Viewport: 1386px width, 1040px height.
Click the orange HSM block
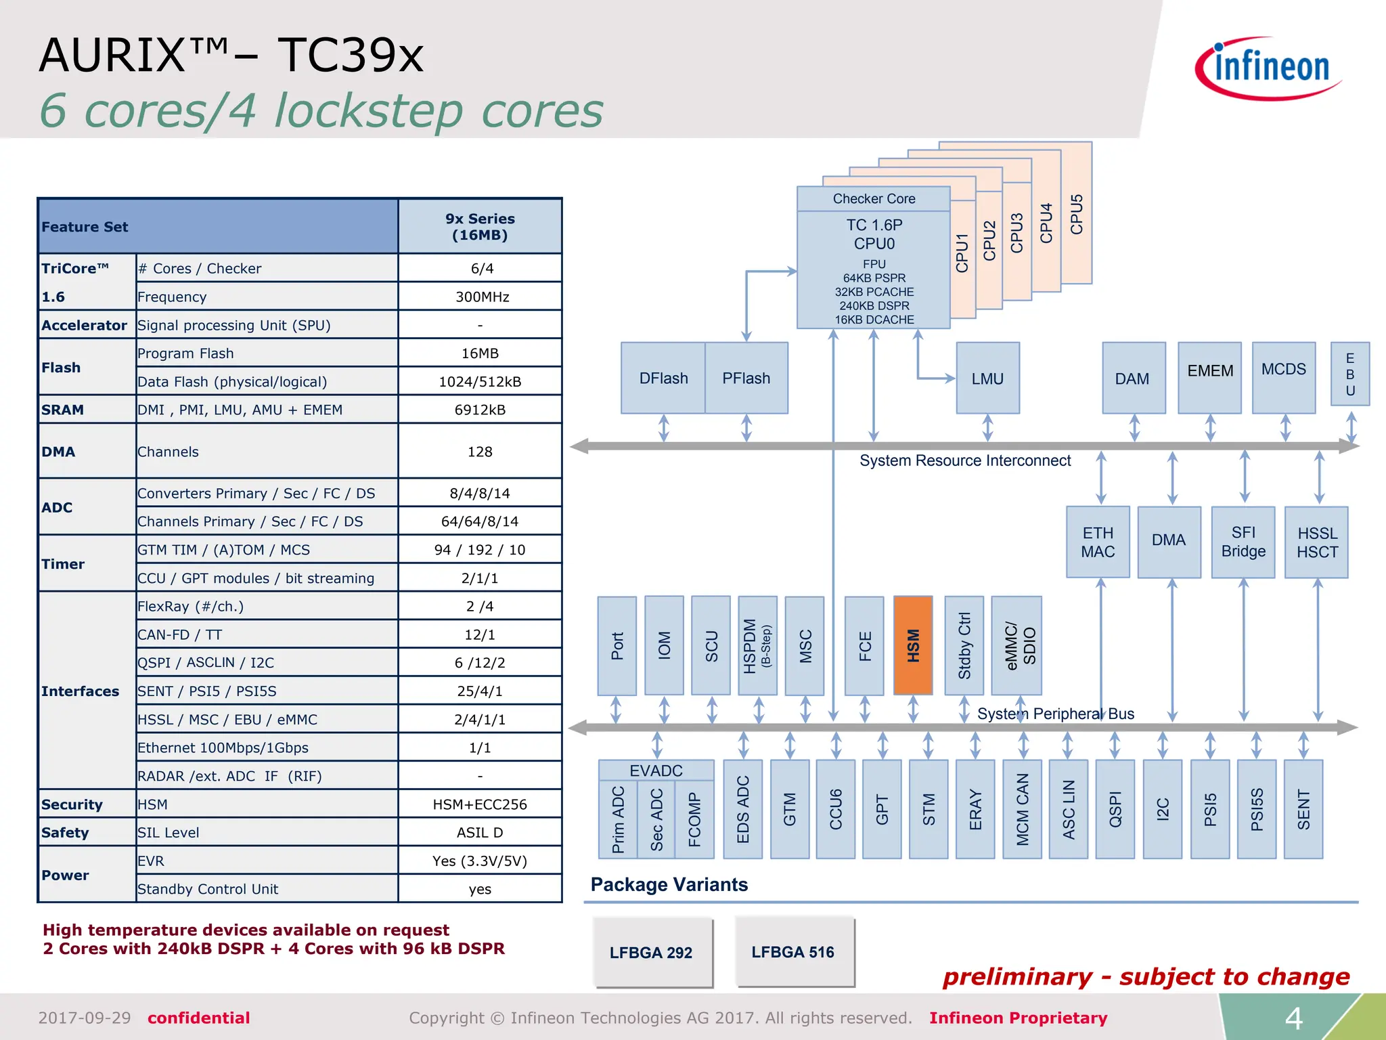click(913, 645)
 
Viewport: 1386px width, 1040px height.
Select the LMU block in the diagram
click(987, 378)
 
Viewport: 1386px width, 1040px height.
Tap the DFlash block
click(663, 378)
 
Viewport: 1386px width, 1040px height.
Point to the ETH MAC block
click(1098, 542)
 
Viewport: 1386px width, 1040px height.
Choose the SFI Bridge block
click(1243, 542)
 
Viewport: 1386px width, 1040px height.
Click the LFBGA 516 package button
click(793, 952)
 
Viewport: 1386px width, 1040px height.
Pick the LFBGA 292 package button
click(651, 953)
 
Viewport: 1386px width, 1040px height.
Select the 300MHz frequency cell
click(480, 297)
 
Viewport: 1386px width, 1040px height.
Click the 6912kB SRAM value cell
click(480, 410)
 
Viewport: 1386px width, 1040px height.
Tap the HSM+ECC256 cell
click(480, 804)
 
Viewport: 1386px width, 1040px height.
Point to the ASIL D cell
click(480, 833)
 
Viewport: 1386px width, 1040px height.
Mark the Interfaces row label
click(81, 691)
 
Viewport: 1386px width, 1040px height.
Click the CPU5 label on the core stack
click(1077, 214)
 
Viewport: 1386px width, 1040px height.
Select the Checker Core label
click(874, 199)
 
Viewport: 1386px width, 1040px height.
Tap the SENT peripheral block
click(1303, 809)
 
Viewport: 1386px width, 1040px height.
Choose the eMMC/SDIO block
click(1016, 645)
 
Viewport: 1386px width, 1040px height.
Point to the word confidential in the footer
click(199, 1018)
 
